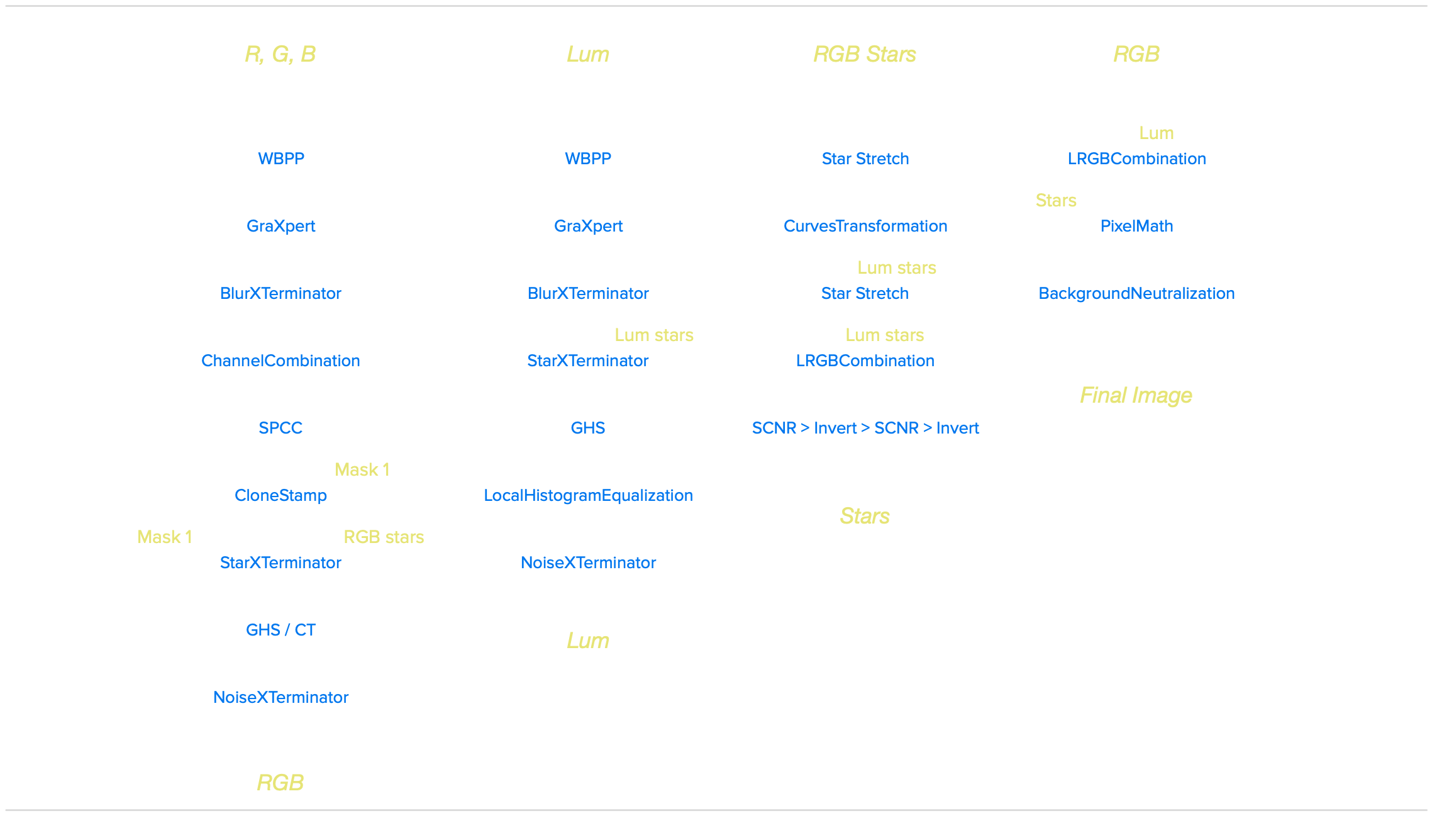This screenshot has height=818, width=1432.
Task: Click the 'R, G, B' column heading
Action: pos(280,54)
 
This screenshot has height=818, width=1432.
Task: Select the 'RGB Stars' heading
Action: pos(865,54)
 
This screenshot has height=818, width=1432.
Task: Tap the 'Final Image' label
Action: pos(1136,395)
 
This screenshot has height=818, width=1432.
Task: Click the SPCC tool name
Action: pos(280,428)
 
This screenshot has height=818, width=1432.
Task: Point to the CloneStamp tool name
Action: pos(280,495)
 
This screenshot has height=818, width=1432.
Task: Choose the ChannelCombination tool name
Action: pos(280,361)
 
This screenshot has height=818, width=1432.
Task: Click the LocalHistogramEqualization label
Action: pos(588,495)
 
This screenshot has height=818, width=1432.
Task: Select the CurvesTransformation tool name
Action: pos(865,226)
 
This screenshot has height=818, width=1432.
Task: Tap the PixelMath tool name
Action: pos(1136,226)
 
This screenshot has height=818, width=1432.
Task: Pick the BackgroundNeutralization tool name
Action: pos(1136,293)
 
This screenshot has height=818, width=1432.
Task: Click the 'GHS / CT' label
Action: pos(280,630)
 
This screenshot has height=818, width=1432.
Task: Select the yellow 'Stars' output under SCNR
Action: pos(865,516)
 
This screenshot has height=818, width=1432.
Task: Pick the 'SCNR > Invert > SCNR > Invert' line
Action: pos(865,428)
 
